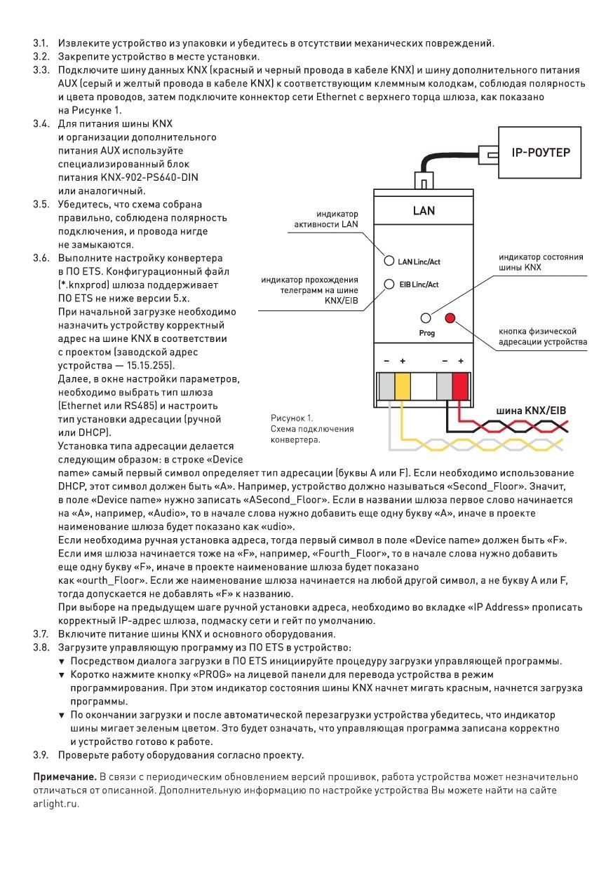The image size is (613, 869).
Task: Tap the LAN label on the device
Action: (424, 211)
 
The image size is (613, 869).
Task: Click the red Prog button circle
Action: (450, 318)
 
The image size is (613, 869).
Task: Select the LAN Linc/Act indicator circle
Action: (389, 261)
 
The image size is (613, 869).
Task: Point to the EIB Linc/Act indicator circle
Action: (389, 284)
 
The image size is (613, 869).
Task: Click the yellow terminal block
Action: (402, 386)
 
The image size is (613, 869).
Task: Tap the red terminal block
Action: (460, 386)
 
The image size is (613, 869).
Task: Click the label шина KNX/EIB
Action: (531, 411)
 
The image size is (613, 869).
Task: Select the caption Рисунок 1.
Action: (292, 418)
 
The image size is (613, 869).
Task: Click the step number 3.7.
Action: (41, 634)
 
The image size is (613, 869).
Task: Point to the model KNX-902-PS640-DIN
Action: (149, 177)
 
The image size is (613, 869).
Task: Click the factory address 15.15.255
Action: (148, 365)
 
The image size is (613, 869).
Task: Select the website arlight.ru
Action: (55, 803)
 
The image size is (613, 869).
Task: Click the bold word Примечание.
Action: (65, 777)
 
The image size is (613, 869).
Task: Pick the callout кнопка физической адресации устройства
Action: (543, 336)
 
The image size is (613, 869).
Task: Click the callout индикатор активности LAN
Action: (326, 219)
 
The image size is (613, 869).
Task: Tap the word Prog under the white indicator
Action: (426, 333)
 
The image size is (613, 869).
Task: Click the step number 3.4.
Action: (41, 124)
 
